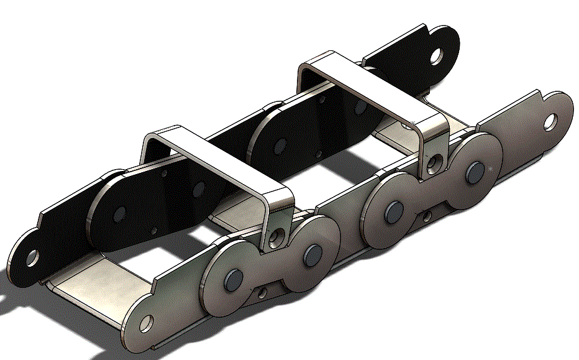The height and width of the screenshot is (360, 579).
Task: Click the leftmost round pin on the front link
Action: point(232,280)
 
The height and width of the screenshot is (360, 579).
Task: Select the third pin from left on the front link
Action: point(393,211)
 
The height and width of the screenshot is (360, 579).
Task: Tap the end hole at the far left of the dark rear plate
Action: point(32,256)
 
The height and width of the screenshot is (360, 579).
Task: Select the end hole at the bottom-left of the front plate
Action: point(146,323)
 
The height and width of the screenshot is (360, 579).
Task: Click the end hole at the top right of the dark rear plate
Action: point(438,57)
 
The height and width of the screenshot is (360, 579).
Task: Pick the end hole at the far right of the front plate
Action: point(550,121)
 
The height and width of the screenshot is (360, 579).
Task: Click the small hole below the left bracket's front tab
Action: point(262,292)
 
